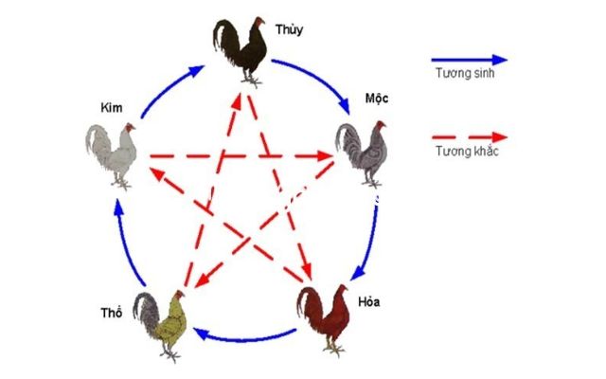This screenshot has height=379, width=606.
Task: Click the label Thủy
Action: click(289, 29)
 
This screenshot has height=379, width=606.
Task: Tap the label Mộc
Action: click(377, 99)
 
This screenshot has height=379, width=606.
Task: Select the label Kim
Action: click(112, 107)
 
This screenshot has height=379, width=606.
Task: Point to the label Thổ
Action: click(112, 312)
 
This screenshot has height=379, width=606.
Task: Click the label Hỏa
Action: click(368, 301)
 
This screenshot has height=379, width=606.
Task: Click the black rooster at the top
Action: click(241, 51)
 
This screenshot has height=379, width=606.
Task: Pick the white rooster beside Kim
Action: click(112, 155)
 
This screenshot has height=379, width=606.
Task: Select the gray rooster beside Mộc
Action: click(362, 153)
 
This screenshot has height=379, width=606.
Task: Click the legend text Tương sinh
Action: click(465, 73)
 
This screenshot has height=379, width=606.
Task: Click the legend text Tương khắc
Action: click(467, 151)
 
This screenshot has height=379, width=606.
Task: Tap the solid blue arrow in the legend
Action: click(470, 60)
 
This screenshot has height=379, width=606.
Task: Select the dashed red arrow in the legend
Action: click(470, 137)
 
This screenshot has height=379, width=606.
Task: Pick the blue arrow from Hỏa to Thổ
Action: click(244, 339)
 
